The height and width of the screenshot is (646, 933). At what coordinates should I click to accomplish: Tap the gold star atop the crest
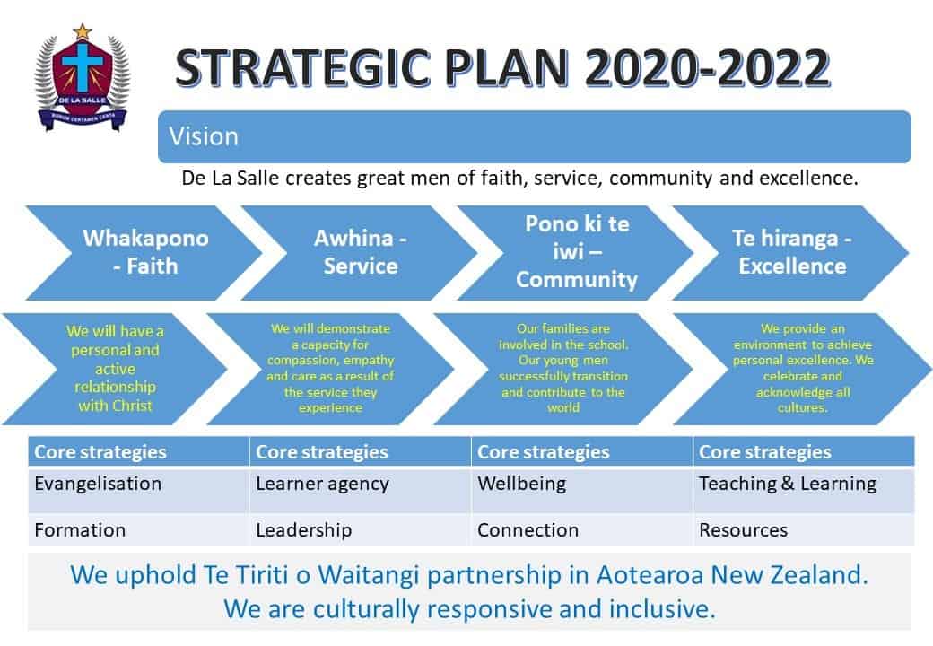tap(83, 31)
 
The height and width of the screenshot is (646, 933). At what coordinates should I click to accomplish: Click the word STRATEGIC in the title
tap(303, 68)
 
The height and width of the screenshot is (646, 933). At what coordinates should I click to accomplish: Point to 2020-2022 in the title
tap(707, 68)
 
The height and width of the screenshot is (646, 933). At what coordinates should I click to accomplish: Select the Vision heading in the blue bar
tap(204, 136)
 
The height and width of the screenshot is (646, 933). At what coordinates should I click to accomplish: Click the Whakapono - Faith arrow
tap(144, 253)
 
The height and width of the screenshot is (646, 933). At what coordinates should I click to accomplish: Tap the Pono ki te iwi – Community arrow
tap(575, 253)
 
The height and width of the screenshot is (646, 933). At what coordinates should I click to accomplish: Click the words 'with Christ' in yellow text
tap(116, 406)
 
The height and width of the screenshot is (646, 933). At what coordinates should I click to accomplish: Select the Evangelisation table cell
tap(139, 491)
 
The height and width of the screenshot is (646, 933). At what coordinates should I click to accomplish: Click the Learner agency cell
tap(360, 491)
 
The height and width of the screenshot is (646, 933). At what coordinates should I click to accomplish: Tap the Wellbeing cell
tap(582, 491)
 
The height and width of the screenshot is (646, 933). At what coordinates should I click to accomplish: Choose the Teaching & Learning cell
tap(804, 491)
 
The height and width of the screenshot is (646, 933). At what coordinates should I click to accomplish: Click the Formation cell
tap(139, 529)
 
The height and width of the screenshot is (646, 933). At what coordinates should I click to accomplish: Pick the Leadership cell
tap(360, 529)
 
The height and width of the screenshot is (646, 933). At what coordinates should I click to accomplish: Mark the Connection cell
tap(582, 529)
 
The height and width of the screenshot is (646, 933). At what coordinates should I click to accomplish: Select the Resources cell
tap(804, 529)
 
